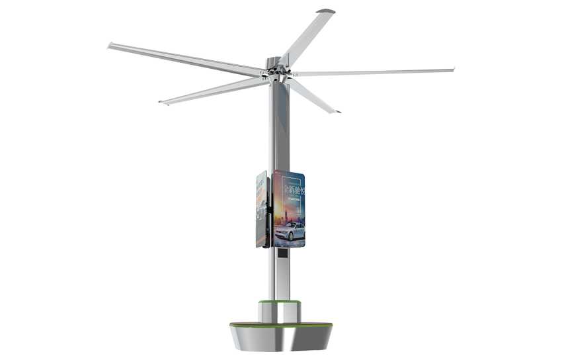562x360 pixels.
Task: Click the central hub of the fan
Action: pyautogui.click(x=276, y=74)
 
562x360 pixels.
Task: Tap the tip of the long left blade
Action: pyautogui.click(x=111, y=47)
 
